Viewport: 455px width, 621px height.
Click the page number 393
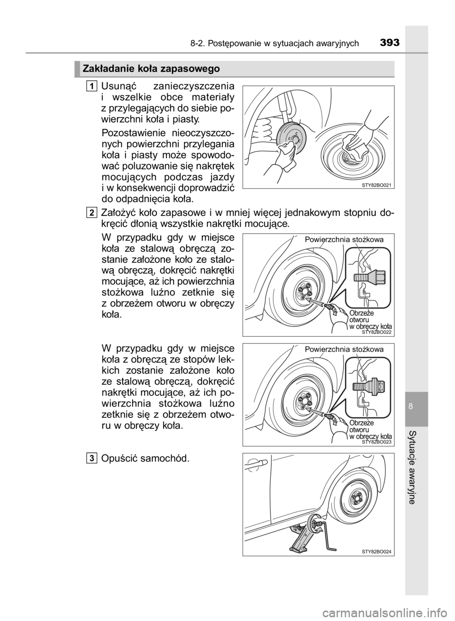click(390, 43)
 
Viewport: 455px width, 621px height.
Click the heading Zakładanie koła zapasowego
click(152, 69)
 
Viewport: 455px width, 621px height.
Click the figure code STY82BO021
click(378, 186)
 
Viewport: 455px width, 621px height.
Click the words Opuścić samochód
click(146, 458)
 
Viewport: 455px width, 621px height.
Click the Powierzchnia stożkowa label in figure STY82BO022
click(344, 240)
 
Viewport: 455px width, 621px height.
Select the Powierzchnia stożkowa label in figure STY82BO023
click(344, 350)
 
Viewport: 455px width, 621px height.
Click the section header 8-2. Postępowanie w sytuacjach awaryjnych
click(274, 44)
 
